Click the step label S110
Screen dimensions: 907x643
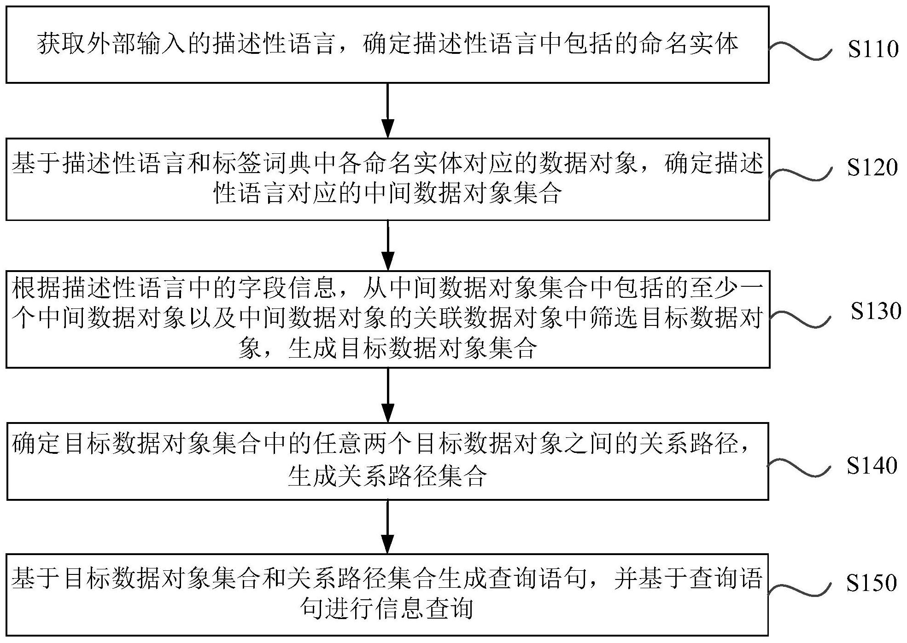(873, 49)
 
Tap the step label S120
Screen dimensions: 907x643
(872, 168)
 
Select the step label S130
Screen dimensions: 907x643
(876, 311)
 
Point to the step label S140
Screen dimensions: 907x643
(872, 466)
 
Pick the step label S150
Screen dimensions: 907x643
(872, 583)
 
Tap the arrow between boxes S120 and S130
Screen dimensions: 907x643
(388, 245)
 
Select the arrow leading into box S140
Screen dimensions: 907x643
(388, 395)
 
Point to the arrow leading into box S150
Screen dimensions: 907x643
(388, 527)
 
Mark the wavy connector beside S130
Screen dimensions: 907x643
(800, 319)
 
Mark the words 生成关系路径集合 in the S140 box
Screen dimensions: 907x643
(387, 476)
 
